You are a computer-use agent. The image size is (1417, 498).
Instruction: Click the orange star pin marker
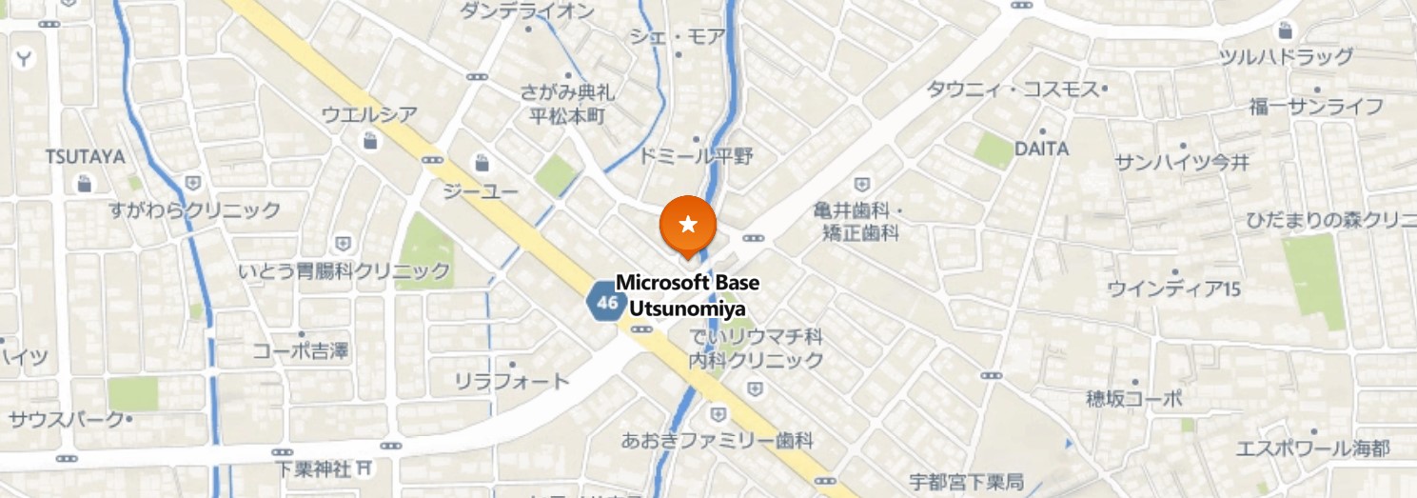pos(688,225)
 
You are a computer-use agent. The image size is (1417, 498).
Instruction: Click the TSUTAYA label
pos(85,157)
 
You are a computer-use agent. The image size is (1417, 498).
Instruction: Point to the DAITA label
pos(1041,149)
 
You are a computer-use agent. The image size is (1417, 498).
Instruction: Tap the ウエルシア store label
pos(369,116)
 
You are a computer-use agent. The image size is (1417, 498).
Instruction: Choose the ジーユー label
pos(481,192)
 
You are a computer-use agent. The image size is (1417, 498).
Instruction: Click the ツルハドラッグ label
pos(1286,57)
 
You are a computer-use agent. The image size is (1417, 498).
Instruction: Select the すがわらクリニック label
pos(194,209)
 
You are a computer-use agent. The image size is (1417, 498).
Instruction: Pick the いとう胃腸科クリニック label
pos(344,271)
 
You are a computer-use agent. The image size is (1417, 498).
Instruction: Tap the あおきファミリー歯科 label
pos(717,440)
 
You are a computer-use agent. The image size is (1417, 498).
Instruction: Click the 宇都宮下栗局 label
pos(965,481)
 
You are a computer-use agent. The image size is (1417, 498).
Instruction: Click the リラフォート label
pos(511,381)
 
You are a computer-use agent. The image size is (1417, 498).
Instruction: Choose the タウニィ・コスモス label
pos(1015,89)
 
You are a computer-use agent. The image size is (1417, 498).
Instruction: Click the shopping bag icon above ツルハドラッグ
pos(1286,30)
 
